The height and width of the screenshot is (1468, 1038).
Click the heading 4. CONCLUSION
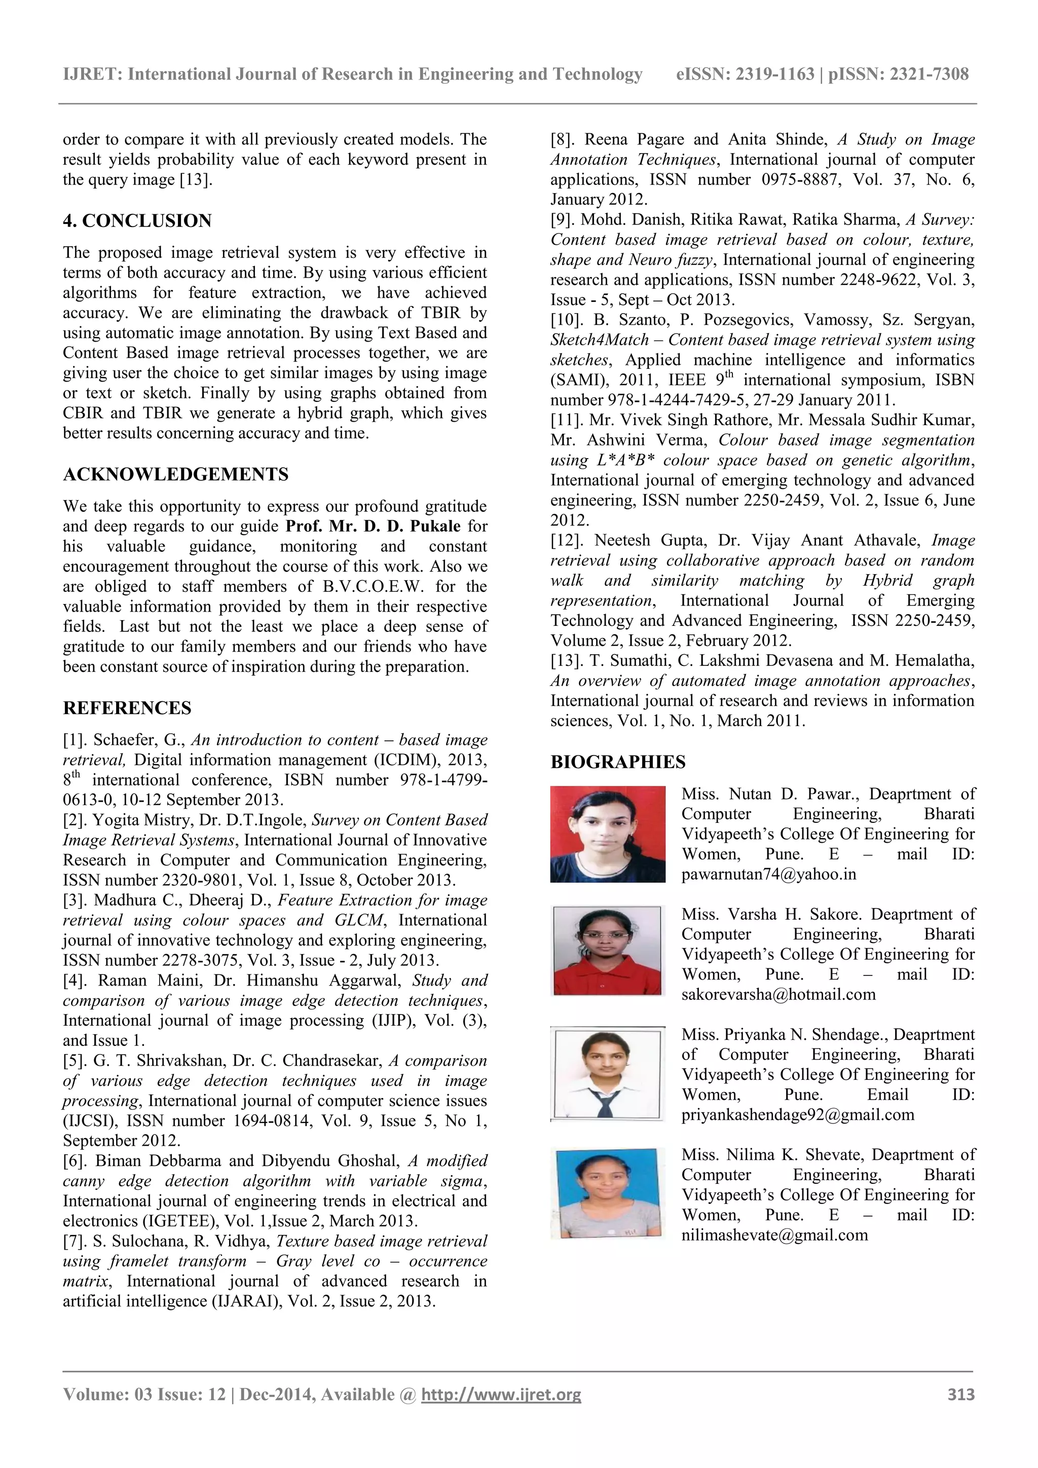[x=137, y=221]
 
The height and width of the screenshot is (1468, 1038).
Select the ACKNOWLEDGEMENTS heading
[x=175, y=474]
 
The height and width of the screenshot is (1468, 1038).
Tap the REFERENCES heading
[x=127, y=708]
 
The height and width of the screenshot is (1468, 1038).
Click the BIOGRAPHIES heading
[x=617, y=762]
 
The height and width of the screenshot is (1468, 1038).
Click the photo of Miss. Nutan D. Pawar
[x=608, y=835]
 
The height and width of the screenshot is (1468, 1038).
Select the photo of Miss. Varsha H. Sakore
[x=607, y=950]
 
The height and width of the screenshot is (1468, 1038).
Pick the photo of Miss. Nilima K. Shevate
[x=607, y=1194]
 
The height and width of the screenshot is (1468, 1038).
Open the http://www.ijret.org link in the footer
[x=501, y=1395]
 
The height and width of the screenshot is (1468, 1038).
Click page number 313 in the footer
[x=960, y=1395]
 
